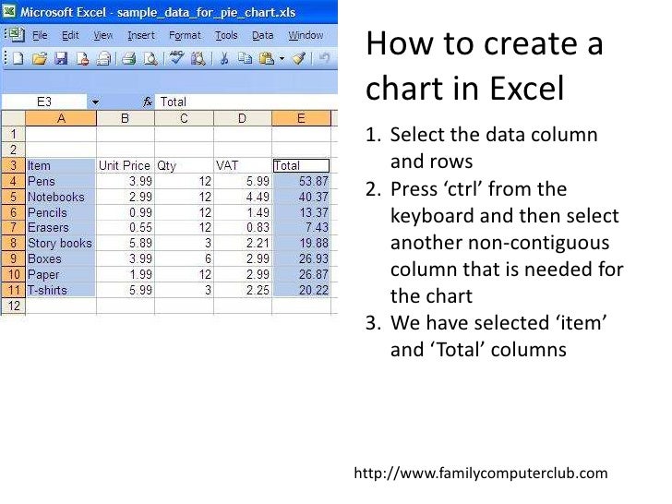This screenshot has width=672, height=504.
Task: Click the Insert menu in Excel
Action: tap(141, 35)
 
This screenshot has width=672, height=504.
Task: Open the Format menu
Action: tap(185, 35)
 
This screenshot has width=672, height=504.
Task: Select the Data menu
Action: tap(263, 35)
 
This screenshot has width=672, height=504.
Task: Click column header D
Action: tap(242, 118)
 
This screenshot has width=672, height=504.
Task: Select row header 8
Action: tap(13, 243)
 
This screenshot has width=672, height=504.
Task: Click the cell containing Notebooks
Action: tap(60, 197)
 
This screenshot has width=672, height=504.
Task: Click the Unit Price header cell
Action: tap(125, 165)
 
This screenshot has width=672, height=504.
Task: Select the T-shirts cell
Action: tap(60, 290)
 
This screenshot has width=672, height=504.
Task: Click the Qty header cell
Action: tap(184, 165)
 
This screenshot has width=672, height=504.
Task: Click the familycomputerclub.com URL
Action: tap(481, 474)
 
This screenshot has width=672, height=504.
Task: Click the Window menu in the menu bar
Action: tap(306, 35)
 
